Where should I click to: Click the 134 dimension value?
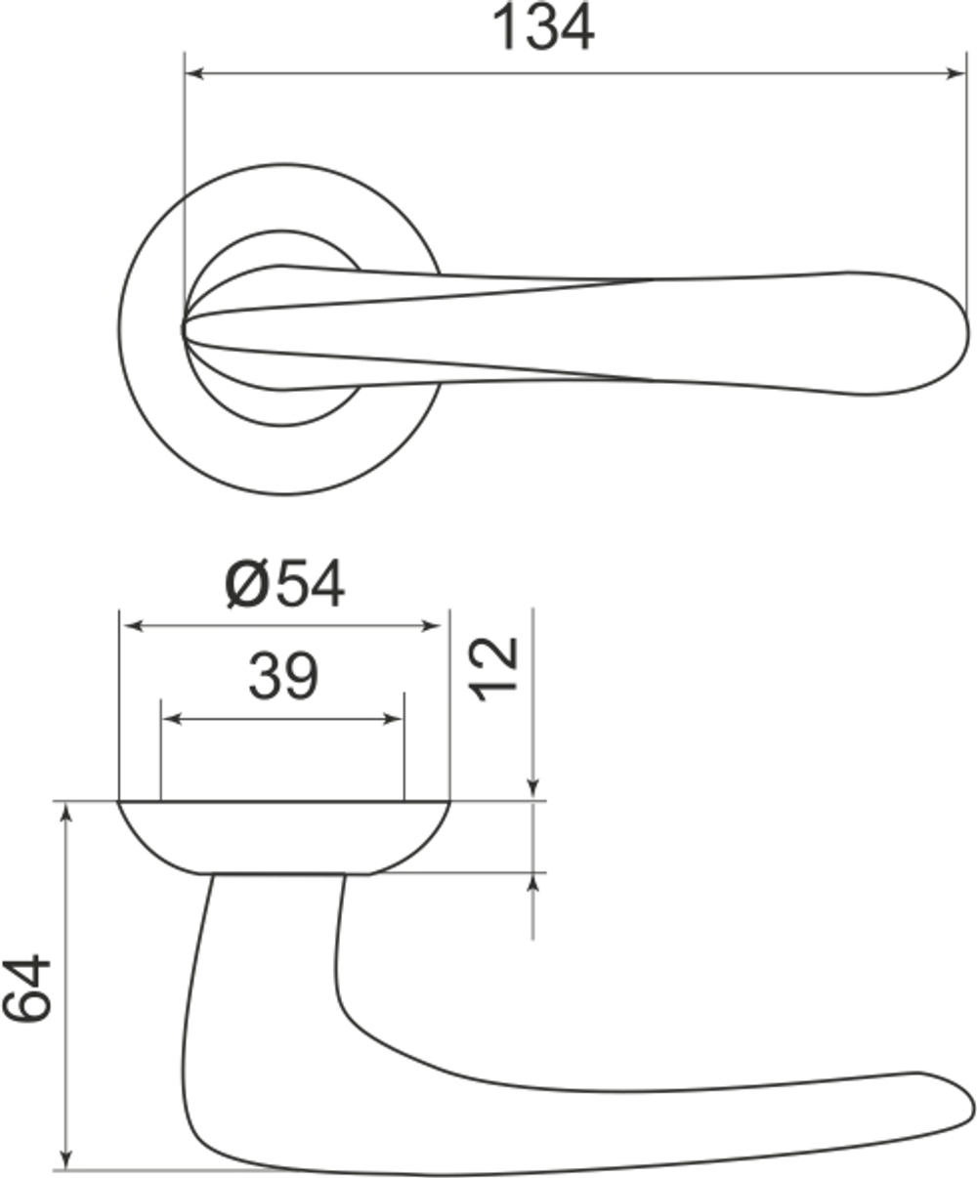(543, 27)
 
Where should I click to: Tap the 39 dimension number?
(282, 676)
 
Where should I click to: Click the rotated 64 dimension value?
(27, 988)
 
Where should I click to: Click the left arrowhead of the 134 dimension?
(193, 72)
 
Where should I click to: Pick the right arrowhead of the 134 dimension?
(956, 72)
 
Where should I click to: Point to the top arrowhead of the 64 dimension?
(66, 812)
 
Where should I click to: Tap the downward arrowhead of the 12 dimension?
(533, 787)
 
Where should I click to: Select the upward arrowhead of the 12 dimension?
(533, 884)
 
